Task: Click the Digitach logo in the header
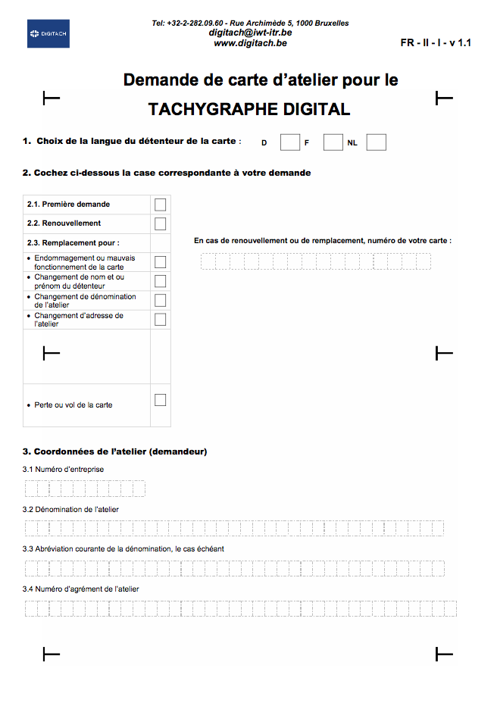(48, 34)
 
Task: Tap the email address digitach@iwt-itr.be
(250, 33)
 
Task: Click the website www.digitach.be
(250, 43)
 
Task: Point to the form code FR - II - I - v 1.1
(436, 43)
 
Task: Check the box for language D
(289, 142)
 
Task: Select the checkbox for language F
(333, 142)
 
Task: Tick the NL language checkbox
(377, 142)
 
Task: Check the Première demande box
(160, 205)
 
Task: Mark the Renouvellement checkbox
(160, 223)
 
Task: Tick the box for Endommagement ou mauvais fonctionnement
(160, 262)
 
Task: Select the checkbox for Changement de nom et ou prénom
(160, 281)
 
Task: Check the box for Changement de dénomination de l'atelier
(160, 301)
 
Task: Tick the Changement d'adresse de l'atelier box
(160, 320)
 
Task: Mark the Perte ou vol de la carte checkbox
(160, 400)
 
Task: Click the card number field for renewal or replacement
(315, 261)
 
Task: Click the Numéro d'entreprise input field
(84, 489)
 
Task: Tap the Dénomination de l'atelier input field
(234, 529)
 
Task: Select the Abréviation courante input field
(234, 568)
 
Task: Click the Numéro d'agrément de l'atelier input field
(240, 608)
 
